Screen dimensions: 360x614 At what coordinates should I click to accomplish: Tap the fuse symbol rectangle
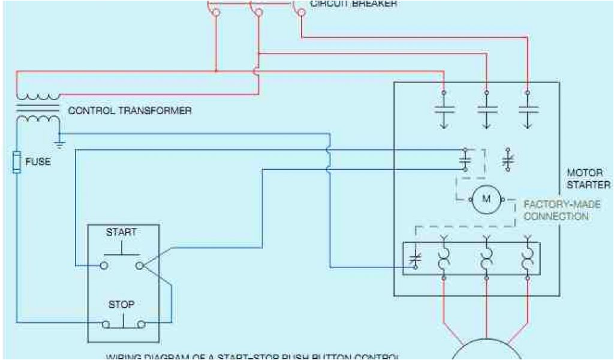coord(17,163)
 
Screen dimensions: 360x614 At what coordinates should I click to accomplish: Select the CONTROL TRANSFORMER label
coord(130,111)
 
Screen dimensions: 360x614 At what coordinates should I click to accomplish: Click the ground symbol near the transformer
coord(59,143)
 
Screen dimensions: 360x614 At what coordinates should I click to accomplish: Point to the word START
coord(121,232)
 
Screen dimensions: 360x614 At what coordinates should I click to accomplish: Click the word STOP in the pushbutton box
coord(121,305)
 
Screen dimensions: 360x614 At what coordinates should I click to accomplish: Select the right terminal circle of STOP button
coord(142,325)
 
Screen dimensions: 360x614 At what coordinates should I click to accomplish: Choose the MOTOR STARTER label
coord(588,179)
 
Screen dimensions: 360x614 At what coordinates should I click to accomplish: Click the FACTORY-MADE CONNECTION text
coord(562,211)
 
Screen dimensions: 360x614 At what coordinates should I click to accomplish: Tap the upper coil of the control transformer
coord(38,96)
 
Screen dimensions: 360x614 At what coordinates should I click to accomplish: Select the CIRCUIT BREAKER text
coord(353,3)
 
